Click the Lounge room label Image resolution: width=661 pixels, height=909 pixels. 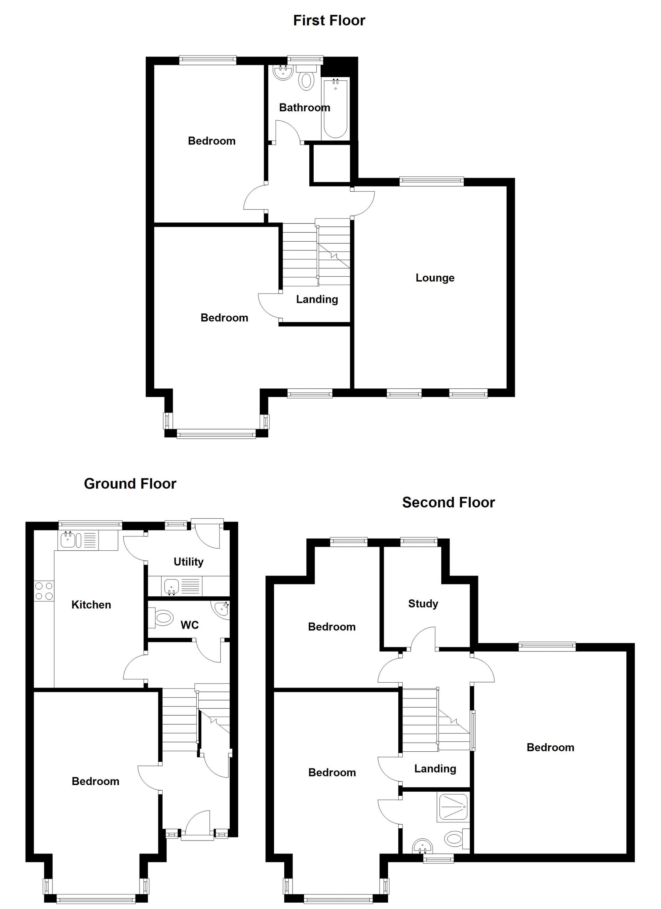[x=435, y=278]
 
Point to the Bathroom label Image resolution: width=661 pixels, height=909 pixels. [x=304, y=107]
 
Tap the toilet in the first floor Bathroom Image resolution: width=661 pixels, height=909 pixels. [x=306, y=79]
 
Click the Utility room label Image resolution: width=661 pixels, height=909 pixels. [x=188, y=562]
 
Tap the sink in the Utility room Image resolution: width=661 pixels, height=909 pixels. [x=171, y=587]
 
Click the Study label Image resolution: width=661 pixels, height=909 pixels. [x=423, y=604]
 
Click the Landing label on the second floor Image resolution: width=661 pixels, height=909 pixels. [x=435, y=768]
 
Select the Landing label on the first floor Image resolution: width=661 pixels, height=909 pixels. [x=317, y=299]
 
